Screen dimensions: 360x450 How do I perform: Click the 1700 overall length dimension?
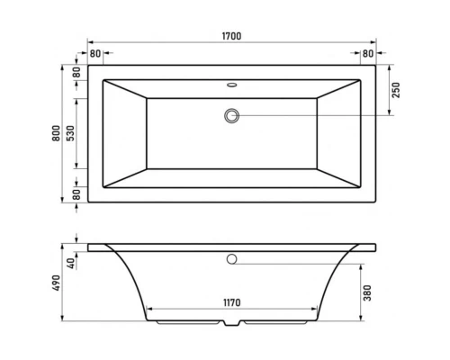tap(233, 35)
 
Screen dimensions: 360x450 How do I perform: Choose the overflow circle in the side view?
tap(232, 259)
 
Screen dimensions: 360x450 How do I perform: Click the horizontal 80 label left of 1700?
tap(95, 54)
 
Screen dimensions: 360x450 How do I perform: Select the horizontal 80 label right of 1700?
tap(368, 54)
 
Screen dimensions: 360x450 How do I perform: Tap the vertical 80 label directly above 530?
tap(76, 72)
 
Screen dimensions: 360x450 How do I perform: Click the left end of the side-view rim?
tap(89, 245)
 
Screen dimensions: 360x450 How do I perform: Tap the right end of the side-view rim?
tap(375, 245)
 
